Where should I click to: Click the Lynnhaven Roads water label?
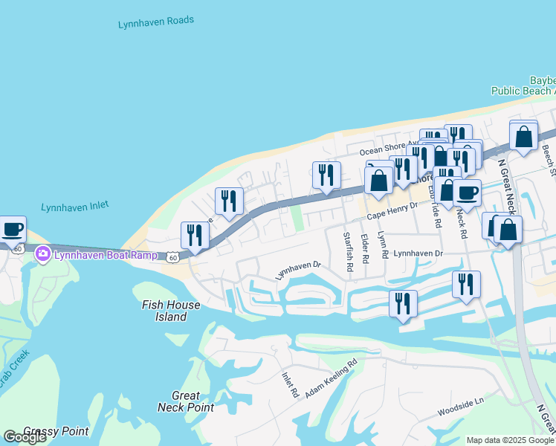point(156,23)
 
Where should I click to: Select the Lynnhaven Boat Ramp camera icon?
point(43,254)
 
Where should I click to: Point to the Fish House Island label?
point(171,311)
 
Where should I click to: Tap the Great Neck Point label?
point(186,401)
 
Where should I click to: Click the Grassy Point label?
point(56,431)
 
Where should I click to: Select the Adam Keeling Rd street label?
point(331,376)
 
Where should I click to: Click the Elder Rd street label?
point(364,250)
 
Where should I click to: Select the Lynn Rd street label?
point(384,245)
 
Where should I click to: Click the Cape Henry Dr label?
point(393,214)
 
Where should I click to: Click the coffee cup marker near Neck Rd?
point(467,193)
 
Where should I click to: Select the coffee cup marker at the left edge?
point(12,229)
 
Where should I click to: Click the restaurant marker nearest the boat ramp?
point(195,235)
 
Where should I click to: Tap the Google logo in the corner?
point(25,437)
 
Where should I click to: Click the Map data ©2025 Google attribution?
point(509,440)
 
